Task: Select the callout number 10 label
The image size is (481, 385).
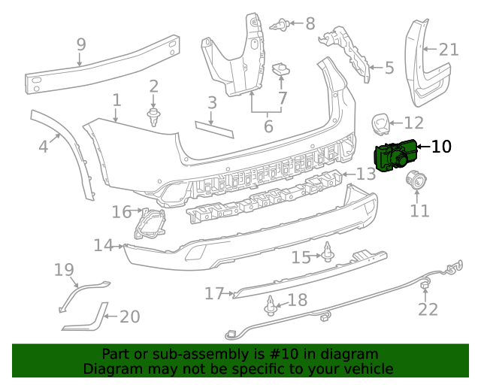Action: (441, 147)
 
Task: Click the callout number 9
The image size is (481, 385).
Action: (81, 45)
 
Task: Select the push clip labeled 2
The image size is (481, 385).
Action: (154, 116)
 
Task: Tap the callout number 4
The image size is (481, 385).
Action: (44, 146)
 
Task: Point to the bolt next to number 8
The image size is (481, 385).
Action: (283, 24)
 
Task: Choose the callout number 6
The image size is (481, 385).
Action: (268, 126)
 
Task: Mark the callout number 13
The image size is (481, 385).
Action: (365, 174)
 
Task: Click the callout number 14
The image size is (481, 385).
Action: (103, 245)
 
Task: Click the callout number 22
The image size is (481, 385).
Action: (428, 309)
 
